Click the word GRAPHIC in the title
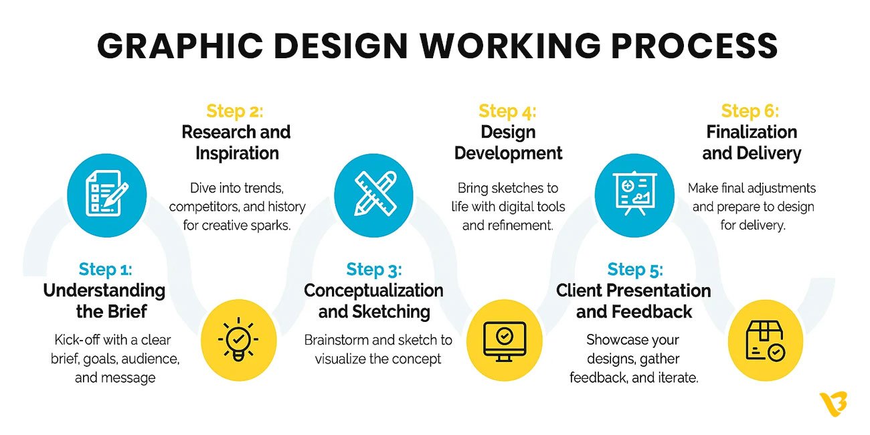(x=180, y=46)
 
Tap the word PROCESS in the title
(x=695, y=46)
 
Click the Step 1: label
(x=105, y=269)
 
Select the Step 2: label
(x=235, y=111)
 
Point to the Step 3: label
(x=374, y=269)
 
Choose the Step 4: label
(x=507, y=111)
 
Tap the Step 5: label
(x=635, y=269)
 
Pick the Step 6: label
(x=750, y=111)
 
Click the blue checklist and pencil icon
(x=107, y=195)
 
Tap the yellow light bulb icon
(x=238, y=340)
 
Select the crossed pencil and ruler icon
(x=373, y=195)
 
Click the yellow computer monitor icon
(x=504, y=340)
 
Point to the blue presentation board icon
(x=634, y=195)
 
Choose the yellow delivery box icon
(x=765, y=340)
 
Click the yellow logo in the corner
(x=833, y=404)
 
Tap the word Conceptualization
(x=373, y=290)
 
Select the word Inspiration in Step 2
(x=238, y=153)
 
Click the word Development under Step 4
(x=509, y=153)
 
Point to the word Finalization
(x=752, y=132)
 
